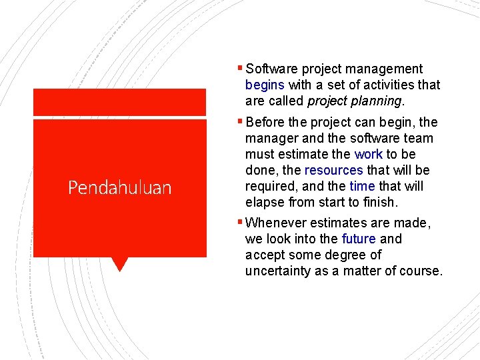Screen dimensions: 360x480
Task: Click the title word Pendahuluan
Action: tap(119, 188)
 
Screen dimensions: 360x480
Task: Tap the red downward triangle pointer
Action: tap(119, 264)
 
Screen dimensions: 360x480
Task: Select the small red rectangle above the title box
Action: tap(119, 102)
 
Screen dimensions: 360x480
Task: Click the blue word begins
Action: tap(265, 85)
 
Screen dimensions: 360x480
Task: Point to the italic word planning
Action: tap(379, 101)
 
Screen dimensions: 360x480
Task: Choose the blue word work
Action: tap(368, 155)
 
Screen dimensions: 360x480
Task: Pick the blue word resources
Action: tap(333, 171)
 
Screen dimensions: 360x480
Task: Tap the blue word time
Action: tap(362, 187)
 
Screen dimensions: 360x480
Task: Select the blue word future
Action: tap(359, 239)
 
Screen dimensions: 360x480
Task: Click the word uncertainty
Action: tap(278, 271)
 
